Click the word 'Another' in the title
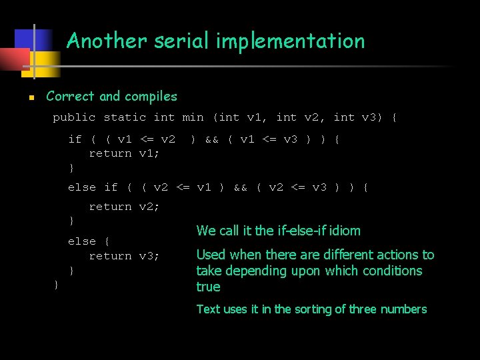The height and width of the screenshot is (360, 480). click(107, 41)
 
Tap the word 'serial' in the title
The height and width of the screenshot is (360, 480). click(179, 41)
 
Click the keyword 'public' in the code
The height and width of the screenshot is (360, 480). click(74, 117)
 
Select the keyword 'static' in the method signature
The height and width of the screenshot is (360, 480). click(125, 117)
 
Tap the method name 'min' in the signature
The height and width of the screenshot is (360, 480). click(193, 117)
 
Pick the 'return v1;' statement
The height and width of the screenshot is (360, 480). click(124, 153)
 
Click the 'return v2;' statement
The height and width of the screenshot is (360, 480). click(124, 207)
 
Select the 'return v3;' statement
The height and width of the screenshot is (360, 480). click(124, 256)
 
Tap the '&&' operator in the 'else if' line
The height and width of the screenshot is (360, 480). click(240, 187)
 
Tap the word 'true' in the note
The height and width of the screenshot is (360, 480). click(208, 287)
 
